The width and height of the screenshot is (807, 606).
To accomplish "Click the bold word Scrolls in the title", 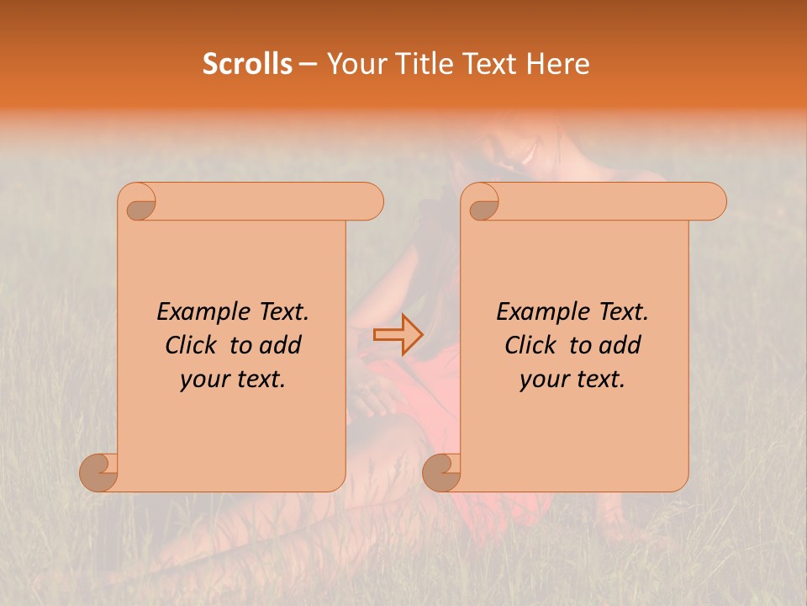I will [x=247, y=64].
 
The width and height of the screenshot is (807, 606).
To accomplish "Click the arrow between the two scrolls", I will [x=398, y=334].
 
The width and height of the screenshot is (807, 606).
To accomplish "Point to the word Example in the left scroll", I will [x=195, y=312].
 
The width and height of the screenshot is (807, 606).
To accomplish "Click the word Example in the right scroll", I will [x=535, y=312].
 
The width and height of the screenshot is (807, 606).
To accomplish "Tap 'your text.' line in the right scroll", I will [x=572, y=380].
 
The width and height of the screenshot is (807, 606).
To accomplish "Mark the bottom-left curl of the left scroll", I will [x=98, y=471].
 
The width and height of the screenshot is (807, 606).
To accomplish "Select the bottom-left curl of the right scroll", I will [x=440, y=471].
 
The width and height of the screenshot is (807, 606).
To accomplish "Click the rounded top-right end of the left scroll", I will [x=370, y=202].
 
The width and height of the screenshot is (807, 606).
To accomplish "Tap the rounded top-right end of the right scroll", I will [x=713, y=202].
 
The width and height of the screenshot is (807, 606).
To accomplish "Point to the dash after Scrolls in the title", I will [x=308, y=65].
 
